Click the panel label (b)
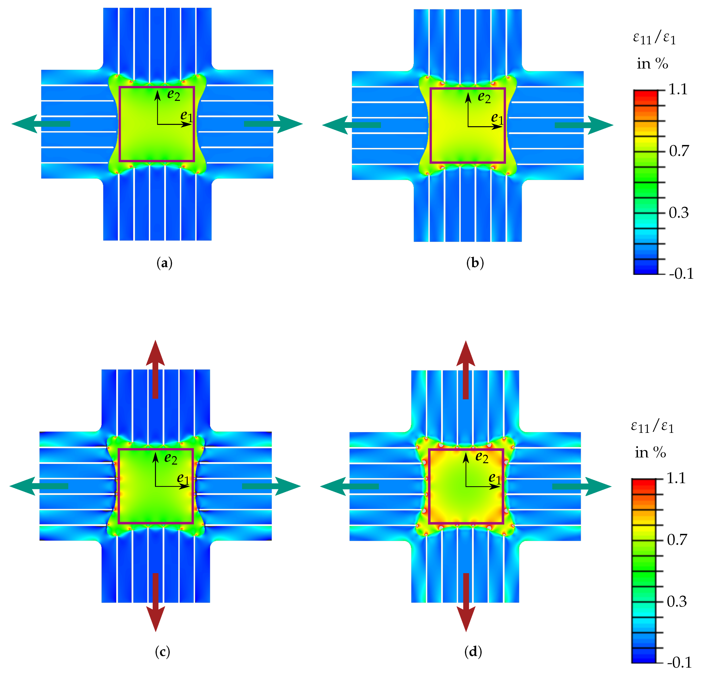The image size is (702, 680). coord(475,263)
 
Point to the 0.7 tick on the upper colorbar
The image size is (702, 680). coord(679,151)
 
